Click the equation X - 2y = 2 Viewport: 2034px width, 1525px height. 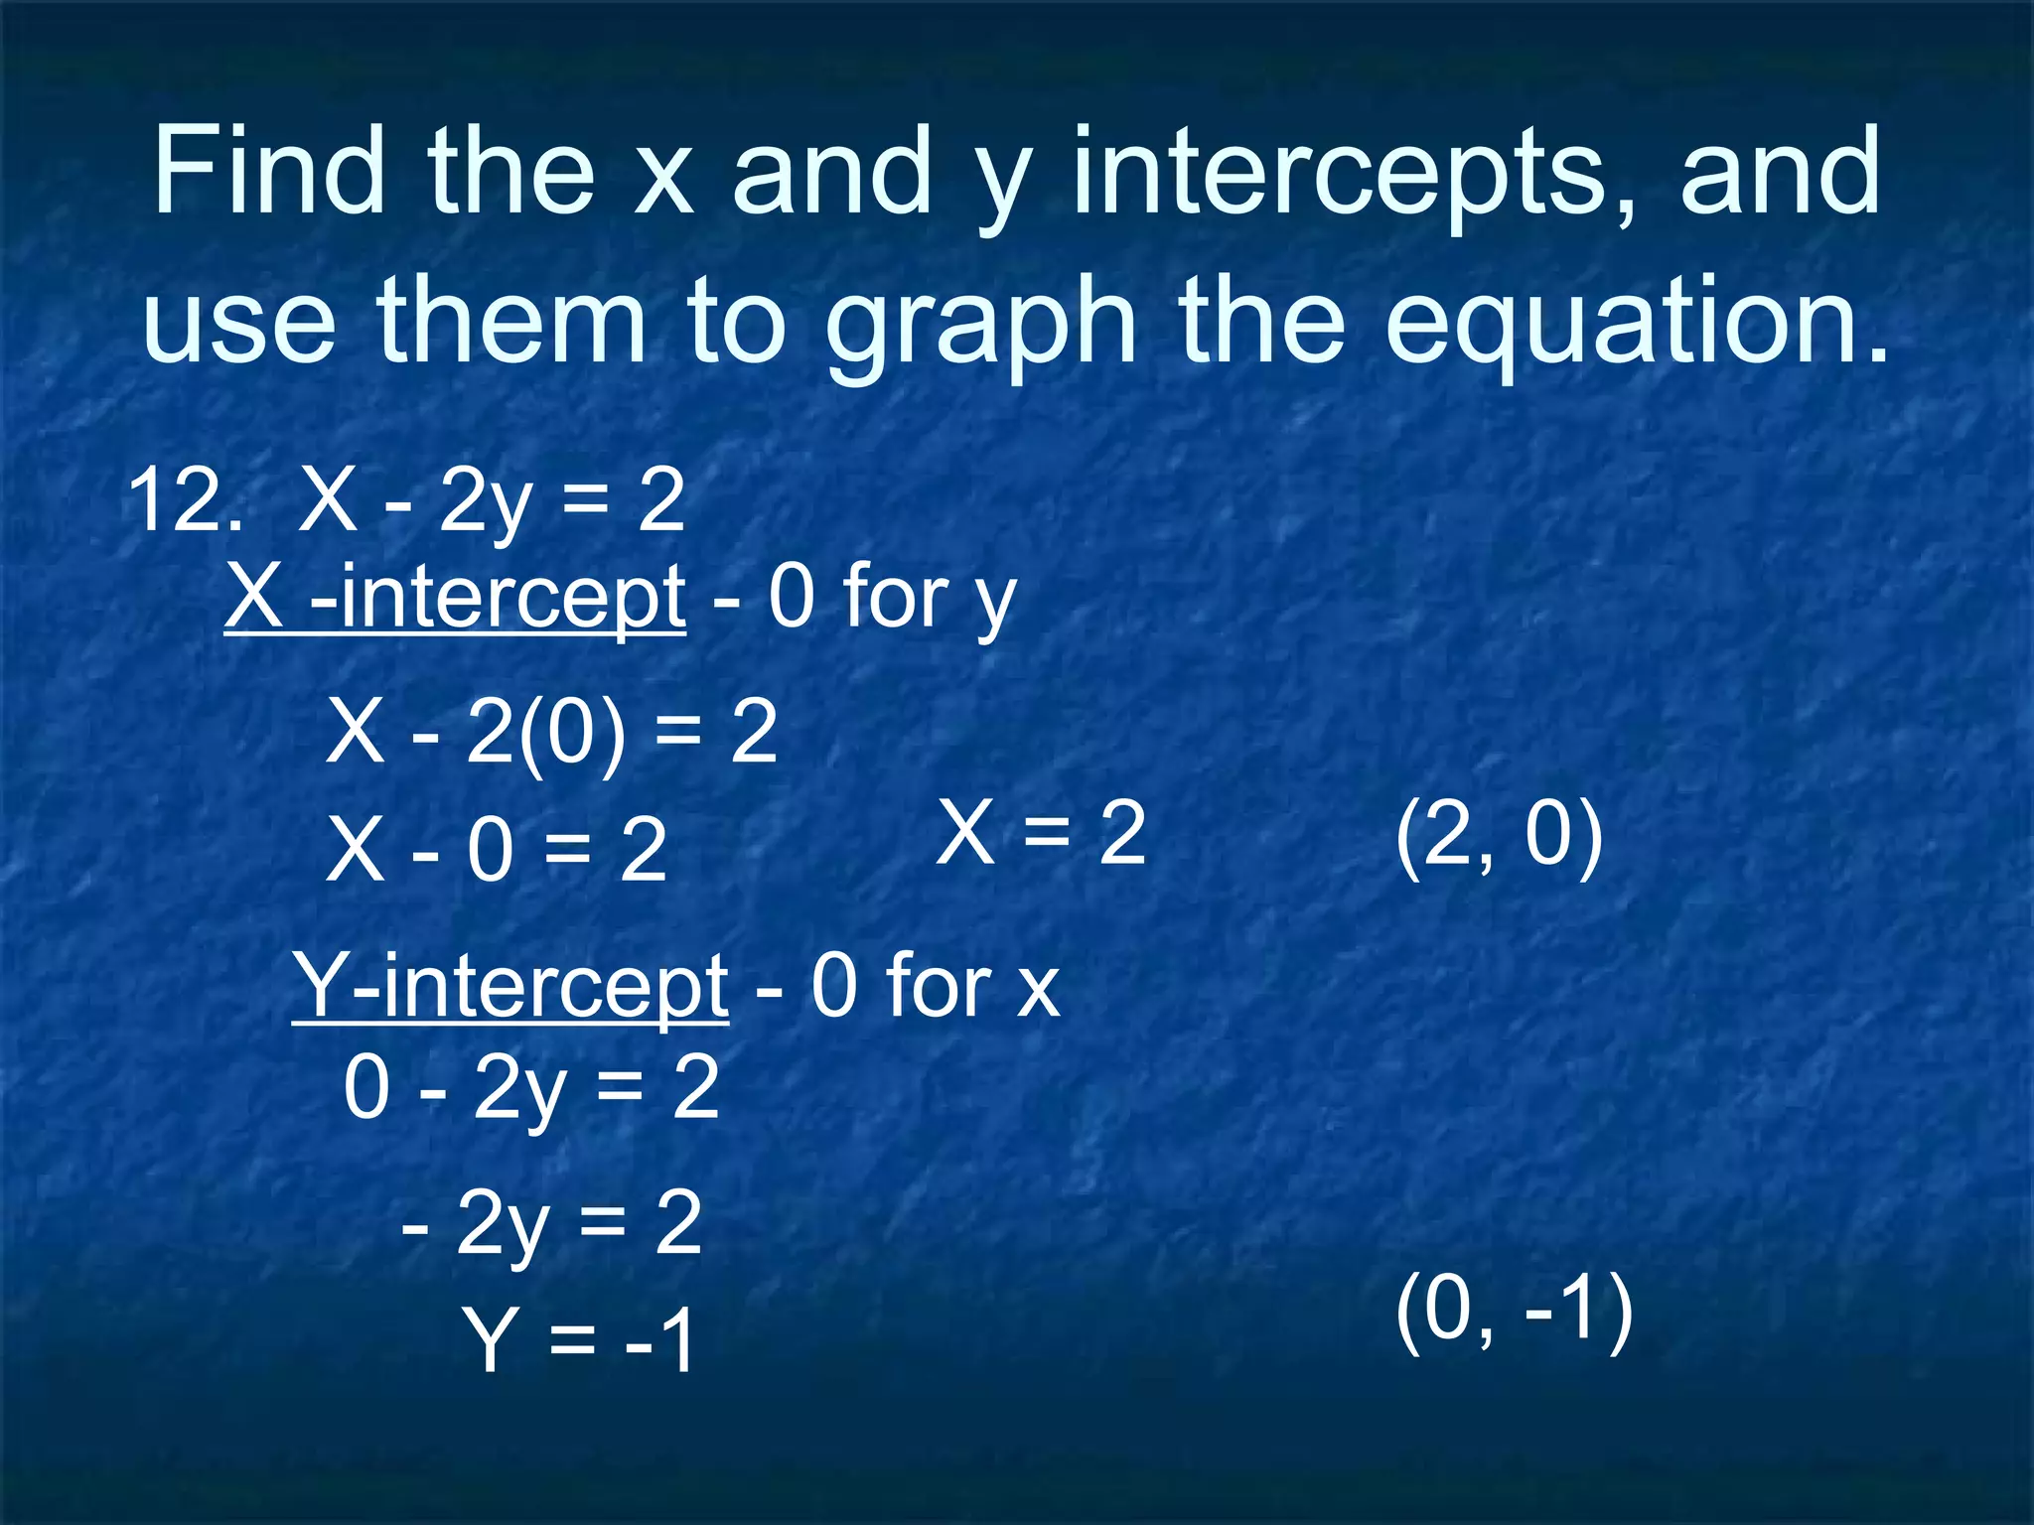492,501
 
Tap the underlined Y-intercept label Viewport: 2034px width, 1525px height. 510,986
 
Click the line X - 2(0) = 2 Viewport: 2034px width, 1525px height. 552,733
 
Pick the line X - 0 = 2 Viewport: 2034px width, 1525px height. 497,849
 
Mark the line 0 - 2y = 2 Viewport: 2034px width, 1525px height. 531,1088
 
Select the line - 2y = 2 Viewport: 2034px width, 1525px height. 551,1223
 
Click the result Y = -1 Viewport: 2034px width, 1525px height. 578,1340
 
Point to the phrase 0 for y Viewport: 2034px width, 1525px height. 892,598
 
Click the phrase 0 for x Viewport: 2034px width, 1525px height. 936,986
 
